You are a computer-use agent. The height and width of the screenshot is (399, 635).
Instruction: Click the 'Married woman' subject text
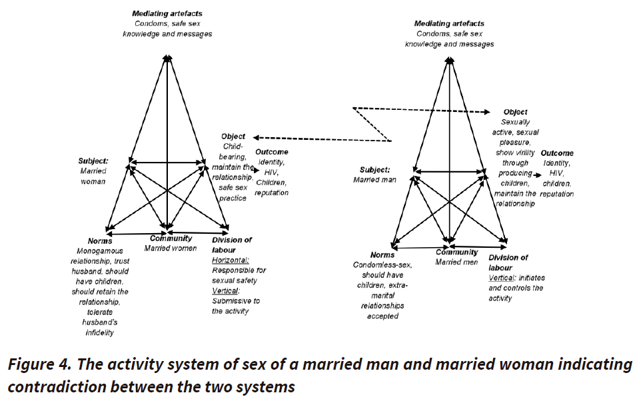[93, 176]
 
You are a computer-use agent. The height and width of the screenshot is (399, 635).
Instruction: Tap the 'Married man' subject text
[374, 179]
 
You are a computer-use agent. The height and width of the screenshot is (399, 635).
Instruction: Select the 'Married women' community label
[173, 248]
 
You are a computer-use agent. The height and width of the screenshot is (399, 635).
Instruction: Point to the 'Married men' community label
[457, 262]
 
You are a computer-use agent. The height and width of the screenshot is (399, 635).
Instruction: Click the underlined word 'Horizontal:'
[230, 260]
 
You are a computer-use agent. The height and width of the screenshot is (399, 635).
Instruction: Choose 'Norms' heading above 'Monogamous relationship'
[99, 240]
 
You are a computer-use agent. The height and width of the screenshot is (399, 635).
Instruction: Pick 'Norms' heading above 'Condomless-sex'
[382, 254]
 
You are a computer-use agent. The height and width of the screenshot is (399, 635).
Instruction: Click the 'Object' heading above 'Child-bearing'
[233, 136]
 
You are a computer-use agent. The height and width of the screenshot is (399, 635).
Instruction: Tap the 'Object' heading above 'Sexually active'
[516, 112]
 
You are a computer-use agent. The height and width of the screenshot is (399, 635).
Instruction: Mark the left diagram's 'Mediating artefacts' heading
[167, 13]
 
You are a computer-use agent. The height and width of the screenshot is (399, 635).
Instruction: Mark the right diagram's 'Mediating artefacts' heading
[450, 24]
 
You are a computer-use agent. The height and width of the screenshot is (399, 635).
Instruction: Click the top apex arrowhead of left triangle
[167, 59]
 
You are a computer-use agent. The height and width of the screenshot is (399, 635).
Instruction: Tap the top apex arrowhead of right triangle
[450, 61]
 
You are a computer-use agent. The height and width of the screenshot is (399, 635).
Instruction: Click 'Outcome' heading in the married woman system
[272, 152]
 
